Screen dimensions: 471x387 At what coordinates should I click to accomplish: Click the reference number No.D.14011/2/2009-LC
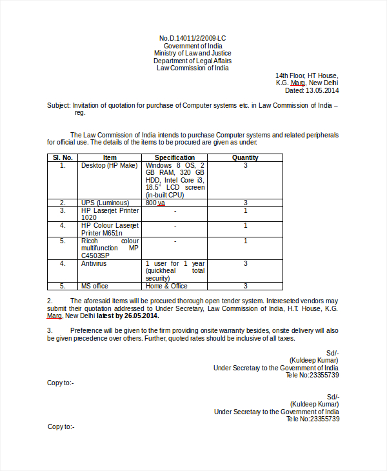[193, 38]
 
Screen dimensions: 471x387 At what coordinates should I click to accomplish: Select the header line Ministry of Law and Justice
[193, 53]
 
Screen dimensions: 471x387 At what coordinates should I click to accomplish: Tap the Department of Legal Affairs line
[193, 61]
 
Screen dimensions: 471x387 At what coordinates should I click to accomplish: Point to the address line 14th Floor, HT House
[306, 75]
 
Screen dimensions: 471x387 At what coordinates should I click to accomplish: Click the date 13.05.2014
[322, 90]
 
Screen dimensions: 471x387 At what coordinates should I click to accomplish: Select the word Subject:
[59, 105]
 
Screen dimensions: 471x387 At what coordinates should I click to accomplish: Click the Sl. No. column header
[63, 157]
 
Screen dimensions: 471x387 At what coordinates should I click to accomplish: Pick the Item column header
[110, 157]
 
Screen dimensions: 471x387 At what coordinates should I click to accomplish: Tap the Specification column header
[174, 157]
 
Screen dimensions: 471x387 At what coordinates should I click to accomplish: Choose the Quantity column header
[245, 157]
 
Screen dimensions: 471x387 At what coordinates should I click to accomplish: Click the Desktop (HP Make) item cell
[109, 165]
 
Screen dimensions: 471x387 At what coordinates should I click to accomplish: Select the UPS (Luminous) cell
[104, 203]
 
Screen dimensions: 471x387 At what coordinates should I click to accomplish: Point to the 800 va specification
[155, 203]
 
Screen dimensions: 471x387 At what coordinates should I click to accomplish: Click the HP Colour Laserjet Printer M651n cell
[110, 229]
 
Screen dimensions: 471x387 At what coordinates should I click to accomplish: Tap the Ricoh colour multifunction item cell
[110, 248]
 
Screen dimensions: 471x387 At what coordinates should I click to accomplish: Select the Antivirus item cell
[94, 263]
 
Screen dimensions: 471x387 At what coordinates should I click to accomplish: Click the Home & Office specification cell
[166, 286]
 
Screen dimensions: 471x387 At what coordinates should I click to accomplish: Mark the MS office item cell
[95, 286]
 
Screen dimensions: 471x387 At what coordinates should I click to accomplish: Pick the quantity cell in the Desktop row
[245, 165]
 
